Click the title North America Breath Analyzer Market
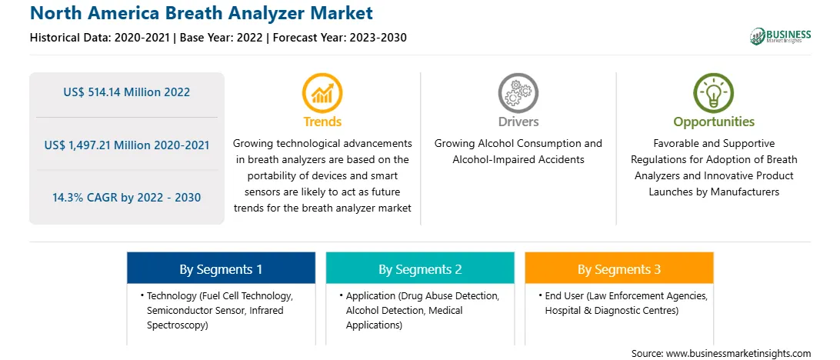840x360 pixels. point(202,13)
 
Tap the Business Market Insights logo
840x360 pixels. point(780,36)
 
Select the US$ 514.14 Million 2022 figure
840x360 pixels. point(126,92)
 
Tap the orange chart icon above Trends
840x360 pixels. point(322,93)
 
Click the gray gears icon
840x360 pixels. point(518,93)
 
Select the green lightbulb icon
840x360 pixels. point(714,93)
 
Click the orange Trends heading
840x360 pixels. point(322,122)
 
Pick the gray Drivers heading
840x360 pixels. point(518,122)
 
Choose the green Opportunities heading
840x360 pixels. point(714,122)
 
